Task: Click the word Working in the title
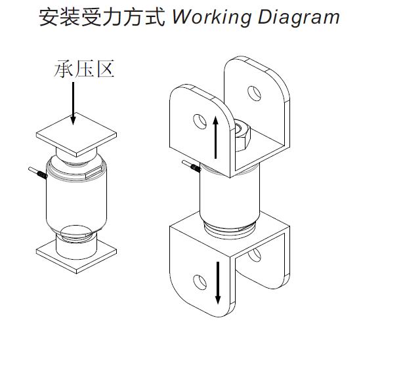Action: coord(211,16)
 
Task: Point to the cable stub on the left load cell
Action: coord(38,174)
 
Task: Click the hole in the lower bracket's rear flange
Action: coord(255,253)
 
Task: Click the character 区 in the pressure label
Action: coord(104,69)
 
